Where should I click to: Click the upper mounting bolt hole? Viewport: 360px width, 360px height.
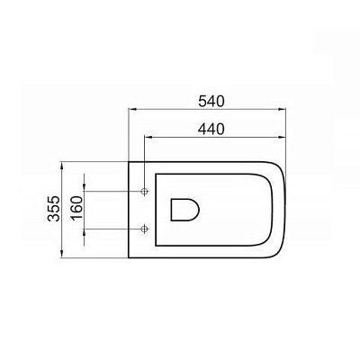point(145,192)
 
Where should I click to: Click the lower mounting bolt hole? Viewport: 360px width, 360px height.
point(145,228)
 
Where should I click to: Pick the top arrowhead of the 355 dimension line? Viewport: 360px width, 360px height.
point(62,166)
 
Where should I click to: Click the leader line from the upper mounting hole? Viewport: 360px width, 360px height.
point(112,192)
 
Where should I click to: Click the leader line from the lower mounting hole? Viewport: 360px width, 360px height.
point(112,228)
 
